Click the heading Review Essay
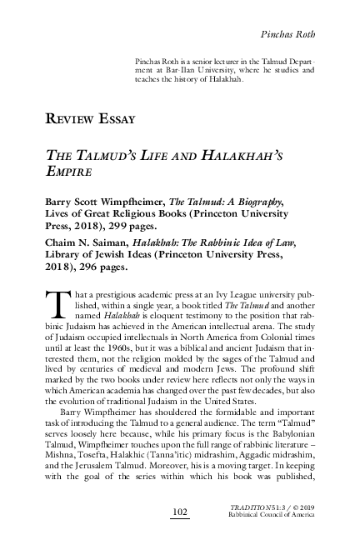pyautogui.click(x=89, y=118)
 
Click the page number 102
pyautogui.click(x=179, y=509)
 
